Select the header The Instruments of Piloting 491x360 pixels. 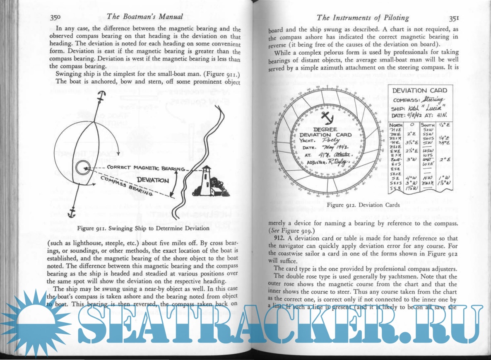pyautogui.click(x=362, y=17)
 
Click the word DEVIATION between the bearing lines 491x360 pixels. pyautogui.click(x=153, y=181)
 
